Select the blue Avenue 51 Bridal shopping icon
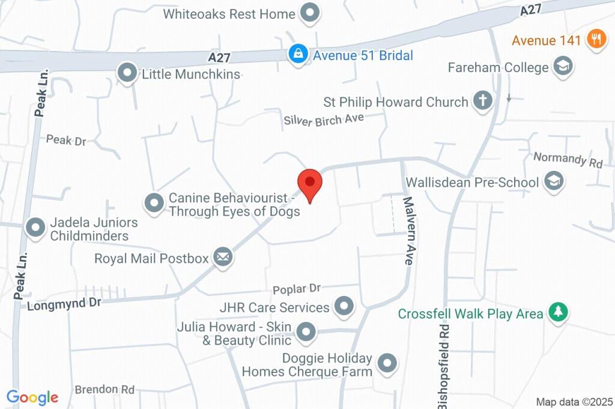pos(297,54)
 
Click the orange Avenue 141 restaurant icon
pos(596,39)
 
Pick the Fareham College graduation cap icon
pos(563,66)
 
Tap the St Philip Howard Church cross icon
pos(482,101)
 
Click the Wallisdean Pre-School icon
pos(554,181)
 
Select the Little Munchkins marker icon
pos(127,73)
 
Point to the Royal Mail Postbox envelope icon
pos(223,257)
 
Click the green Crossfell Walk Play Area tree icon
pos(559,313)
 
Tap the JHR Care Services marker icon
pos(344,306)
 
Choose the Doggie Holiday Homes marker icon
pos(388,363)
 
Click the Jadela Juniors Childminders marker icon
pos(35,227)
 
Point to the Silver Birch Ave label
pos(324,120)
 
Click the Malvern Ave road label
pos(408,231)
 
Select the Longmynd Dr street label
pos(64,304)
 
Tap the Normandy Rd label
pos(568,159)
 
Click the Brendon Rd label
pos(105,390)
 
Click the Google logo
pos(32,397)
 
